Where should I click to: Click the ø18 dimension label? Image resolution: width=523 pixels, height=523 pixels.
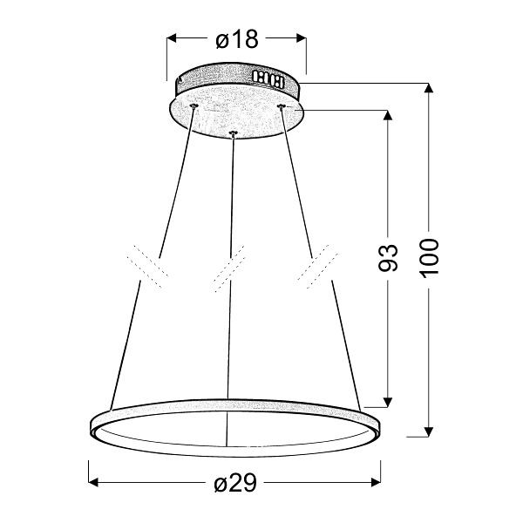click(236, 38)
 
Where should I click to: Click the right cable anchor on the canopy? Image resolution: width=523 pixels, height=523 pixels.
click(281, 105)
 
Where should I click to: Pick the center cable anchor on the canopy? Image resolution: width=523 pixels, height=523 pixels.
click(233, 132)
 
